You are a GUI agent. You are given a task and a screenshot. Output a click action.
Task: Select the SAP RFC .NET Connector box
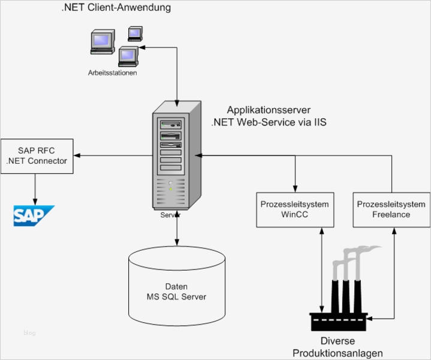[x=37, y=156]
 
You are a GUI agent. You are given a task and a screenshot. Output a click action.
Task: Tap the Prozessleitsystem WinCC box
[x=294, y=209]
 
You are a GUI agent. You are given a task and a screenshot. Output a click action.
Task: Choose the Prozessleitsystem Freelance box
[x=391, y=209]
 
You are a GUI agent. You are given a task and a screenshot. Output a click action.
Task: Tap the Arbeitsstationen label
[x=112, y=73]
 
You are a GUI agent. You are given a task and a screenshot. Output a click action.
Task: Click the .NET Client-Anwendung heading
[x=116, y=8]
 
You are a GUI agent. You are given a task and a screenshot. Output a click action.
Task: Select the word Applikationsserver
[x=269, y=110]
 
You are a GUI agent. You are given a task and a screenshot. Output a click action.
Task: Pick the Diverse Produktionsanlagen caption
[x=337, y=347]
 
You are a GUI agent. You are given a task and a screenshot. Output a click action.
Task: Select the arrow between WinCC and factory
[x=323, y=270]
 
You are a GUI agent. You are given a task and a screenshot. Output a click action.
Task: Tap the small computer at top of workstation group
[x=135, y=32]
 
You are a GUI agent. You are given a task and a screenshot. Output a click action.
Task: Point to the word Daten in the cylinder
[x=177, y=286]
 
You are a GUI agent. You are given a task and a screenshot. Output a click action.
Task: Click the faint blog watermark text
[x=30, y=332]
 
